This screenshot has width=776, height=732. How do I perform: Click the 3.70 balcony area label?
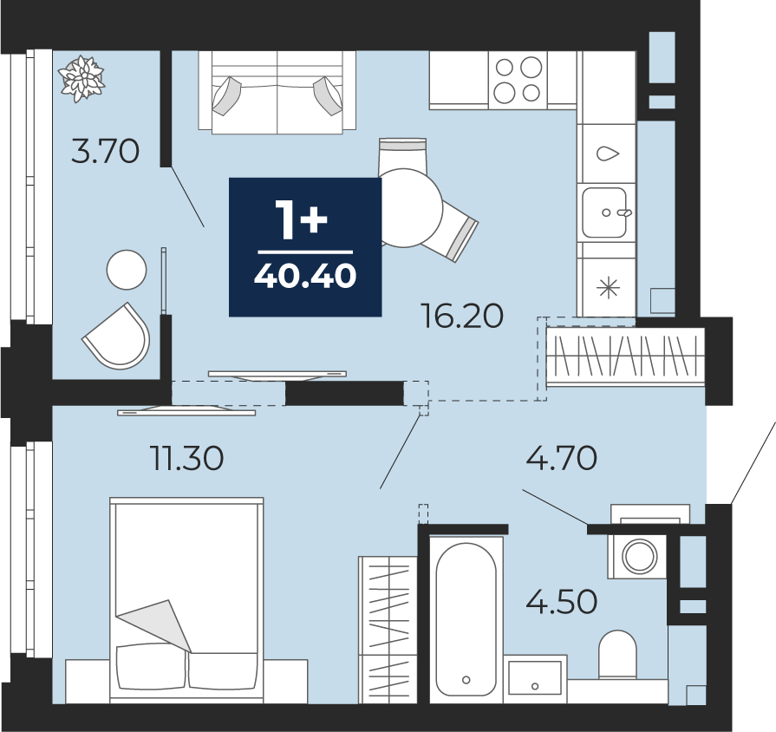coord(106,152)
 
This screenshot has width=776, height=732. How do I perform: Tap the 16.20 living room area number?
coord(462,316)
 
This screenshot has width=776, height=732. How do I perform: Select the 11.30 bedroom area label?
coord(187,458)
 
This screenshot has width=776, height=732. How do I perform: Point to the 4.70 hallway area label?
coord(561,458)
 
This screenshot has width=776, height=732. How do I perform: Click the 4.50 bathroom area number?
coord(561,602)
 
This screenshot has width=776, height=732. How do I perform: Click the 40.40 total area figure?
coord(305,276)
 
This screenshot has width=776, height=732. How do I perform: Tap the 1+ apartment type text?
coord(302,221)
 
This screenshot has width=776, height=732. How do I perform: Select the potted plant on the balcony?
coord(82,79)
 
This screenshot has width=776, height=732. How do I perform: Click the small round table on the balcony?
coord(127,269)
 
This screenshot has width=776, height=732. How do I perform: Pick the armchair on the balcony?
coord(117,337)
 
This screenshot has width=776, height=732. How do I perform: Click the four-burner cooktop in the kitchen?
coord(518,80)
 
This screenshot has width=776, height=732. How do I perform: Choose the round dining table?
coord(405,208)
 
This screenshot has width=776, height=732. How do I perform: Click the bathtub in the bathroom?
coord(466,618)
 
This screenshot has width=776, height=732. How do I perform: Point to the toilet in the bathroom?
coord(617,654)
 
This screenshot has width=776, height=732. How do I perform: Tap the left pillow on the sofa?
coord(226,96)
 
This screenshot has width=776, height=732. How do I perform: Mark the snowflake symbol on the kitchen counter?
coord(609,288)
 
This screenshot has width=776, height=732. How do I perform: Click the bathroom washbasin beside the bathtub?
coord(535,678)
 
